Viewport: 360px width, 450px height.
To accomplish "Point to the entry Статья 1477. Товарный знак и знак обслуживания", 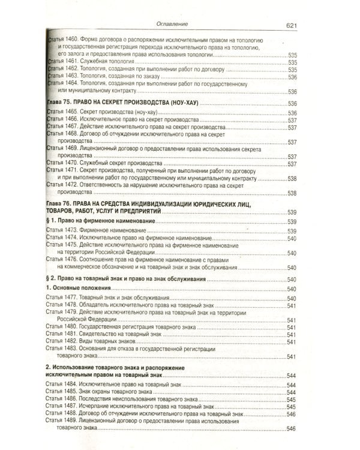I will click(117, 299).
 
